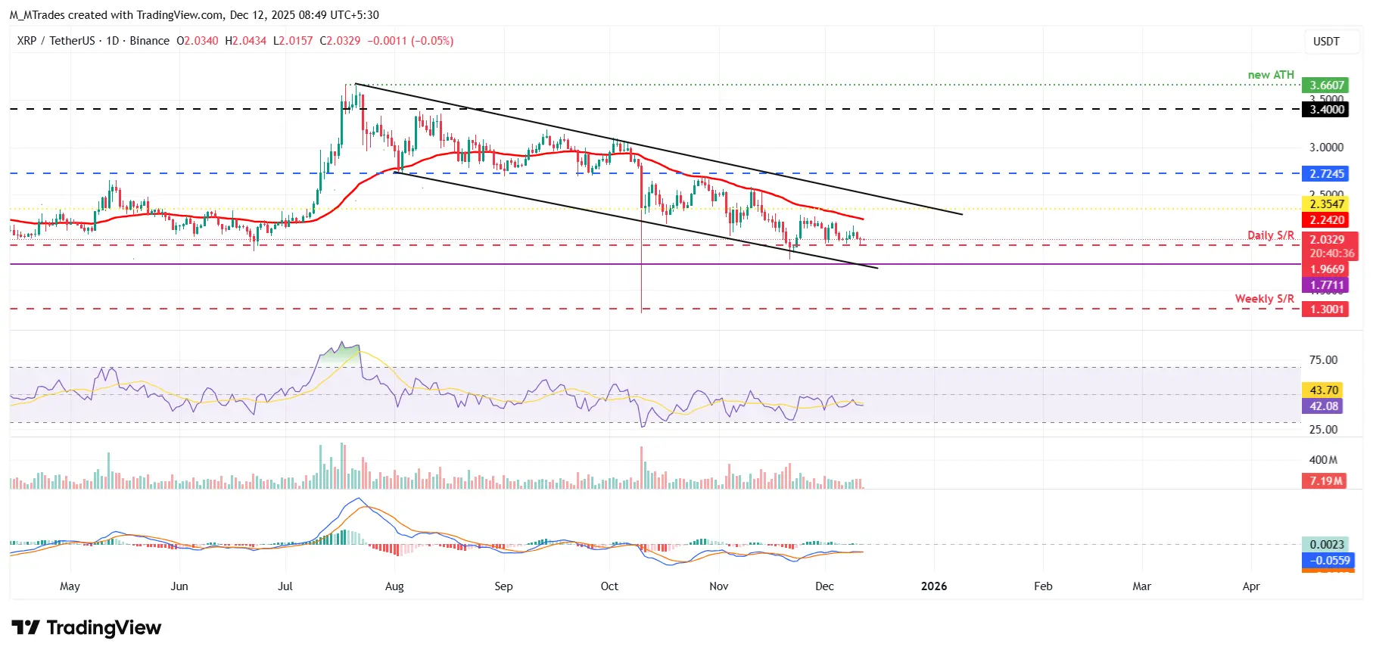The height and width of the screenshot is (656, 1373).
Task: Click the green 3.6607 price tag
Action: (x=1327, y=85)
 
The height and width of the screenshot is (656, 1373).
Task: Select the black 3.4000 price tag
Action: (x=1327, y=110)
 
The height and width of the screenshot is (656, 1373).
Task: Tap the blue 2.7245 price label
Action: (x=1327, y=174)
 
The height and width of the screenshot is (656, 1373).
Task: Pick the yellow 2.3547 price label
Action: (x=1327, y=204)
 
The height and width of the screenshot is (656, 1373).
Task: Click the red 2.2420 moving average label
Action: (x=1327, y=220)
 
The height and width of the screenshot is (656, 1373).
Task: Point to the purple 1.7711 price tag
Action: (x=1327, y=285)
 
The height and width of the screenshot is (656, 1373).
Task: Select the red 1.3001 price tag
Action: (x=1327, y=309)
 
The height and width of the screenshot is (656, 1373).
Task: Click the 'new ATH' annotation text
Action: (x=1271, y=75)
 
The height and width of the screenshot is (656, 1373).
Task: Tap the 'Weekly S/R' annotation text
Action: (x=1264, y=299)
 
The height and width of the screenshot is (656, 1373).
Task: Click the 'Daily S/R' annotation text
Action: (x=1270, y=235)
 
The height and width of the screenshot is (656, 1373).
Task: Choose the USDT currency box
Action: (x=1325, y=42)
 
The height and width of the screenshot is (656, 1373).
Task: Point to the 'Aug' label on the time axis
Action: (x=394, y=586)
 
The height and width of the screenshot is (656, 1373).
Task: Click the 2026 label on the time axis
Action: (x=933, y=586)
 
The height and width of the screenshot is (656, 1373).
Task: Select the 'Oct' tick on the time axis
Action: (x=609, y=586)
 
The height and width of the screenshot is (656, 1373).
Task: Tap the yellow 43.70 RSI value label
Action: (x=1323, y=390)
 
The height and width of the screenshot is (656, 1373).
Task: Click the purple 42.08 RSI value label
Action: (x=1323, y=406)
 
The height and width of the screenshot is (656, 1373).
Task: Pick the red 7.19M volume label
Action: (x=1325, y=481)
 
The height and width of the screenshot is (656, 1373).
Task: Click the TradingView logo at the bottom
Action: (x=86, y=628)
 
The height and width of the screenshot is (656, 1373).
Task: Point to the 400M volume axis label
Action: (x=1323, y=460)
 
